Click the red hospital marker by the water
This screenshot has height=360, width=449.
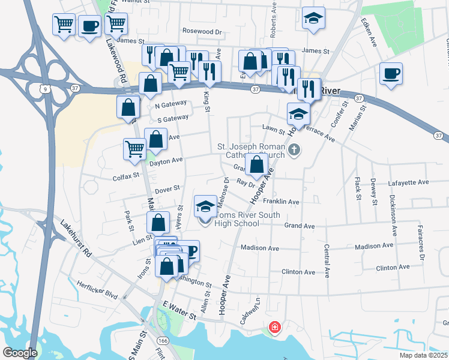274,328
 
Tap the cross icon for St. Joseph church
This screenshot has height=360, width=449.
294,149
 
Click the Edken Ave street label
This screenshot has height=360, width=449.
369,28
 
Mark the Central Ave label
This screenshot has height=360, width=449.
327,260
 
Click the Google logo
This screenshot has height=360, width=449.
20,352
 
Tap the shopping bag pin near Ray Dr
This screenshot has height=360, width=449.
256,165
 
